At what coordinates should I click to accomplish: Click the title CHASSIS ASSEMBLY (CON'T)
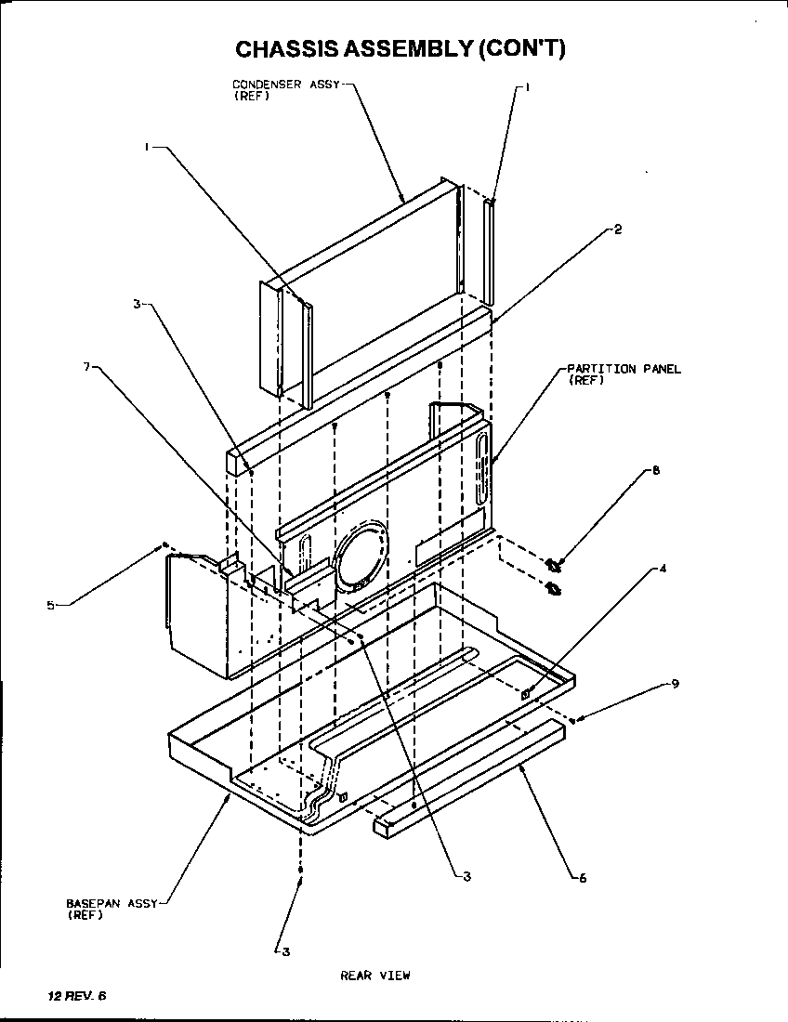[400, 48]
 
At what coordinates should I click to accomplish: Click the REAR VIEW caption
[374, 976]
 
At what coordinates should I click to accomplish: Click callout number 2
[617, 230]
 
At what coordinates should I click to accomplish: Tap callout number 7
[86, 366]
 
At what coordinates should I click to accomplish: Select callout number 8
[656, 471]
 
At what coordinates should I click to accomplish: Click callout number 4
[663, 569]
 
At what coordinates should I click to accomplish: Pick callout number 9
[676, 684]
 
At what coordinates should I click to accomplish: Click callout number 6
[583, 878]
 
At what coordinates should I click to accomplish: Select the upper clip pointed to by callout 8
[555, 564]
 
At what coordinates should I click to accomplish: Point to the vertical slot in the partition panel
[482, 472]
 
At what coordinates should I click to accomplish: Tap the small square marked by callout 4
[526, 693]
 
